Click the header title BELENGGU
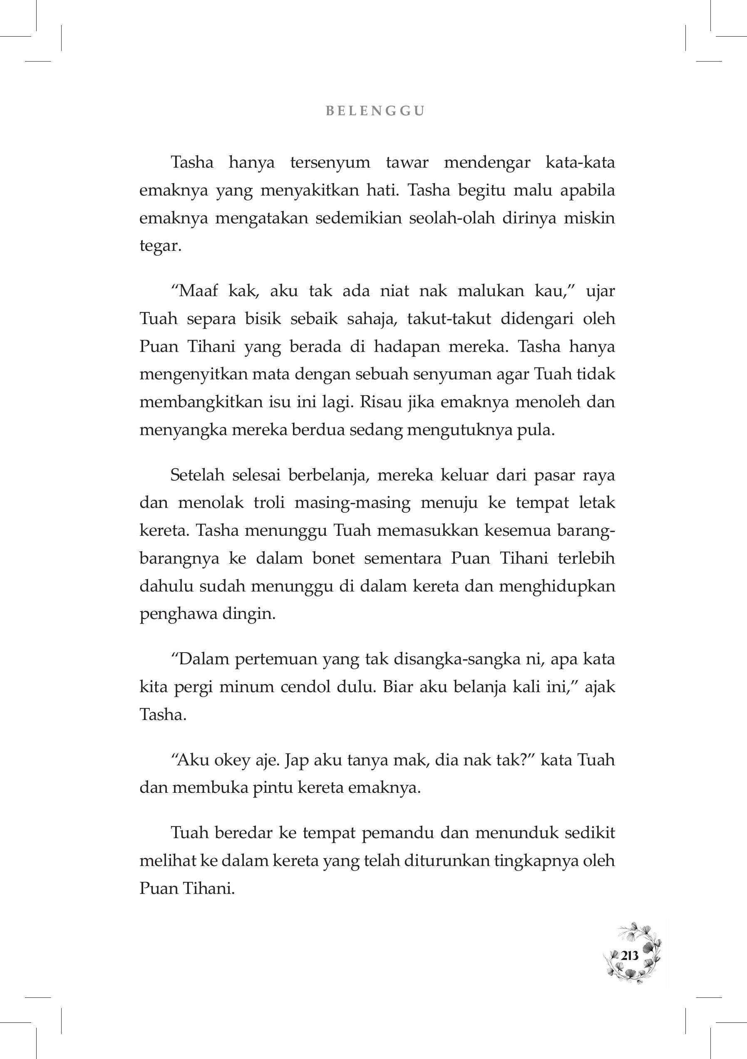[x=375, y=111]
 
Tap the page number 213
[x=629, y=955]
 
